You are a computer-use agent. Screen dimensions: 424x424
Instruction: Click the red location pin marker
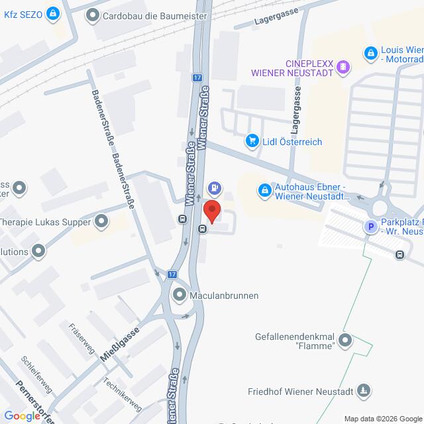point(212,211)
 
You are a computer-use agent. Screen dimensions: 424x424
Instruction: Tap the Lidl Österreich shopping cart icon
point(252,140)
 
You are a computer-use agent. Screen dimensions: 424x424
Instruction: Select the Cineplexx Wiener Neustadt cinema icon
point(343,66)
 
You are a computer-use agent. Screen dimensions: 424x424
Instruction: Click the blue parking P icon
point(371,227)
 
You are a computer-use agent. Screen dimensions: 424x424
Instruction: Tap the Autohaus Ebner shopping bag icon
point(264,191)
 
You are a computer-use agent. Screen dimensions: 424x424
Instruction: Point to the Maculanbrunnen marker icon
point(179,295)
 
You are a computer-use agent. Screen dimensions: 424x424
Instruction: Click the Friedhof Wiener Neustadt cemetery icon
point(363,391)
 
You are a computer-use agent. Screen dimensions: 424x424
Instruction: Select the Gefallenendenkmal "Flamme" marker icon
point(344,341)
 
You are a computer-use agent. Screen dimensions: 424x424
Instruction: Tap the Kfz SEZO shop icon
point(52,15)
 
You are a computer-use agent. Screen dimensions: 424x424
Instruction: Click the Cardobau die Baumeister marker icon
point(93,15)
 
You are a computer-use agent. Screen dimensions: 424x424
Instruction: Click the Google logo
point(22,415)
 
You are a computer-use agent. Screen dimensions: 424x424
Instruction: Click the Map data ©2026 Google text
point(382,418)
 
